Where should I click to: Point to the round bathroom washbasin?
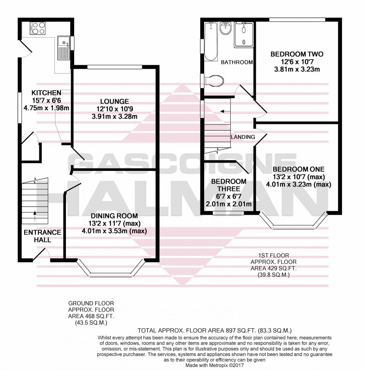tap(226, 28)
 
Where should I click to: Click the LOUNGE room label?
tap(114, 101)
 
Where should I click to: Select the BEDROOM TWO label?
tap(297, 54)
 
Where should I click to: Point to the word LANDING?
tap(243, 137)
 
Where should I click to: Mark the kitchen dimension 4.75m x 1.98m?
tap(46, 108)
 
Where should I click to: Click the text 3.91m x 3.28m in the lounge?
tap(114, 117)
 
